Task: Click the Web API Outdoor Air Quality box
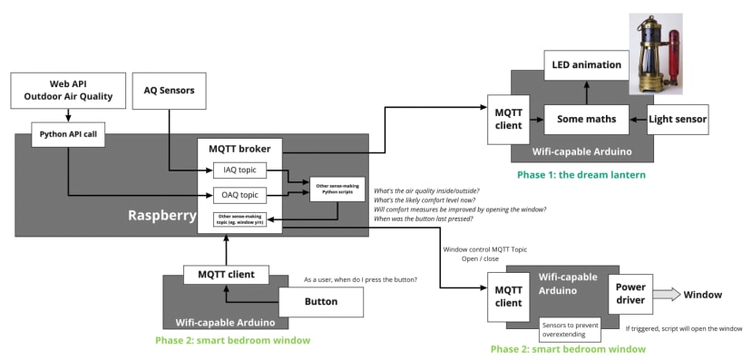point(68,91)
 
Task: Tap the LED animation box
point(587,65)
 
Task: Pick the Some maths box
point(587,119)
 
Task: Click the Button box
point(320,302)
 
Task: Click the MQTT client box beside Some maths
point(508,119)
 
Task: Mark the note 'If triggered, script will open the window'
point(683,328)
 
